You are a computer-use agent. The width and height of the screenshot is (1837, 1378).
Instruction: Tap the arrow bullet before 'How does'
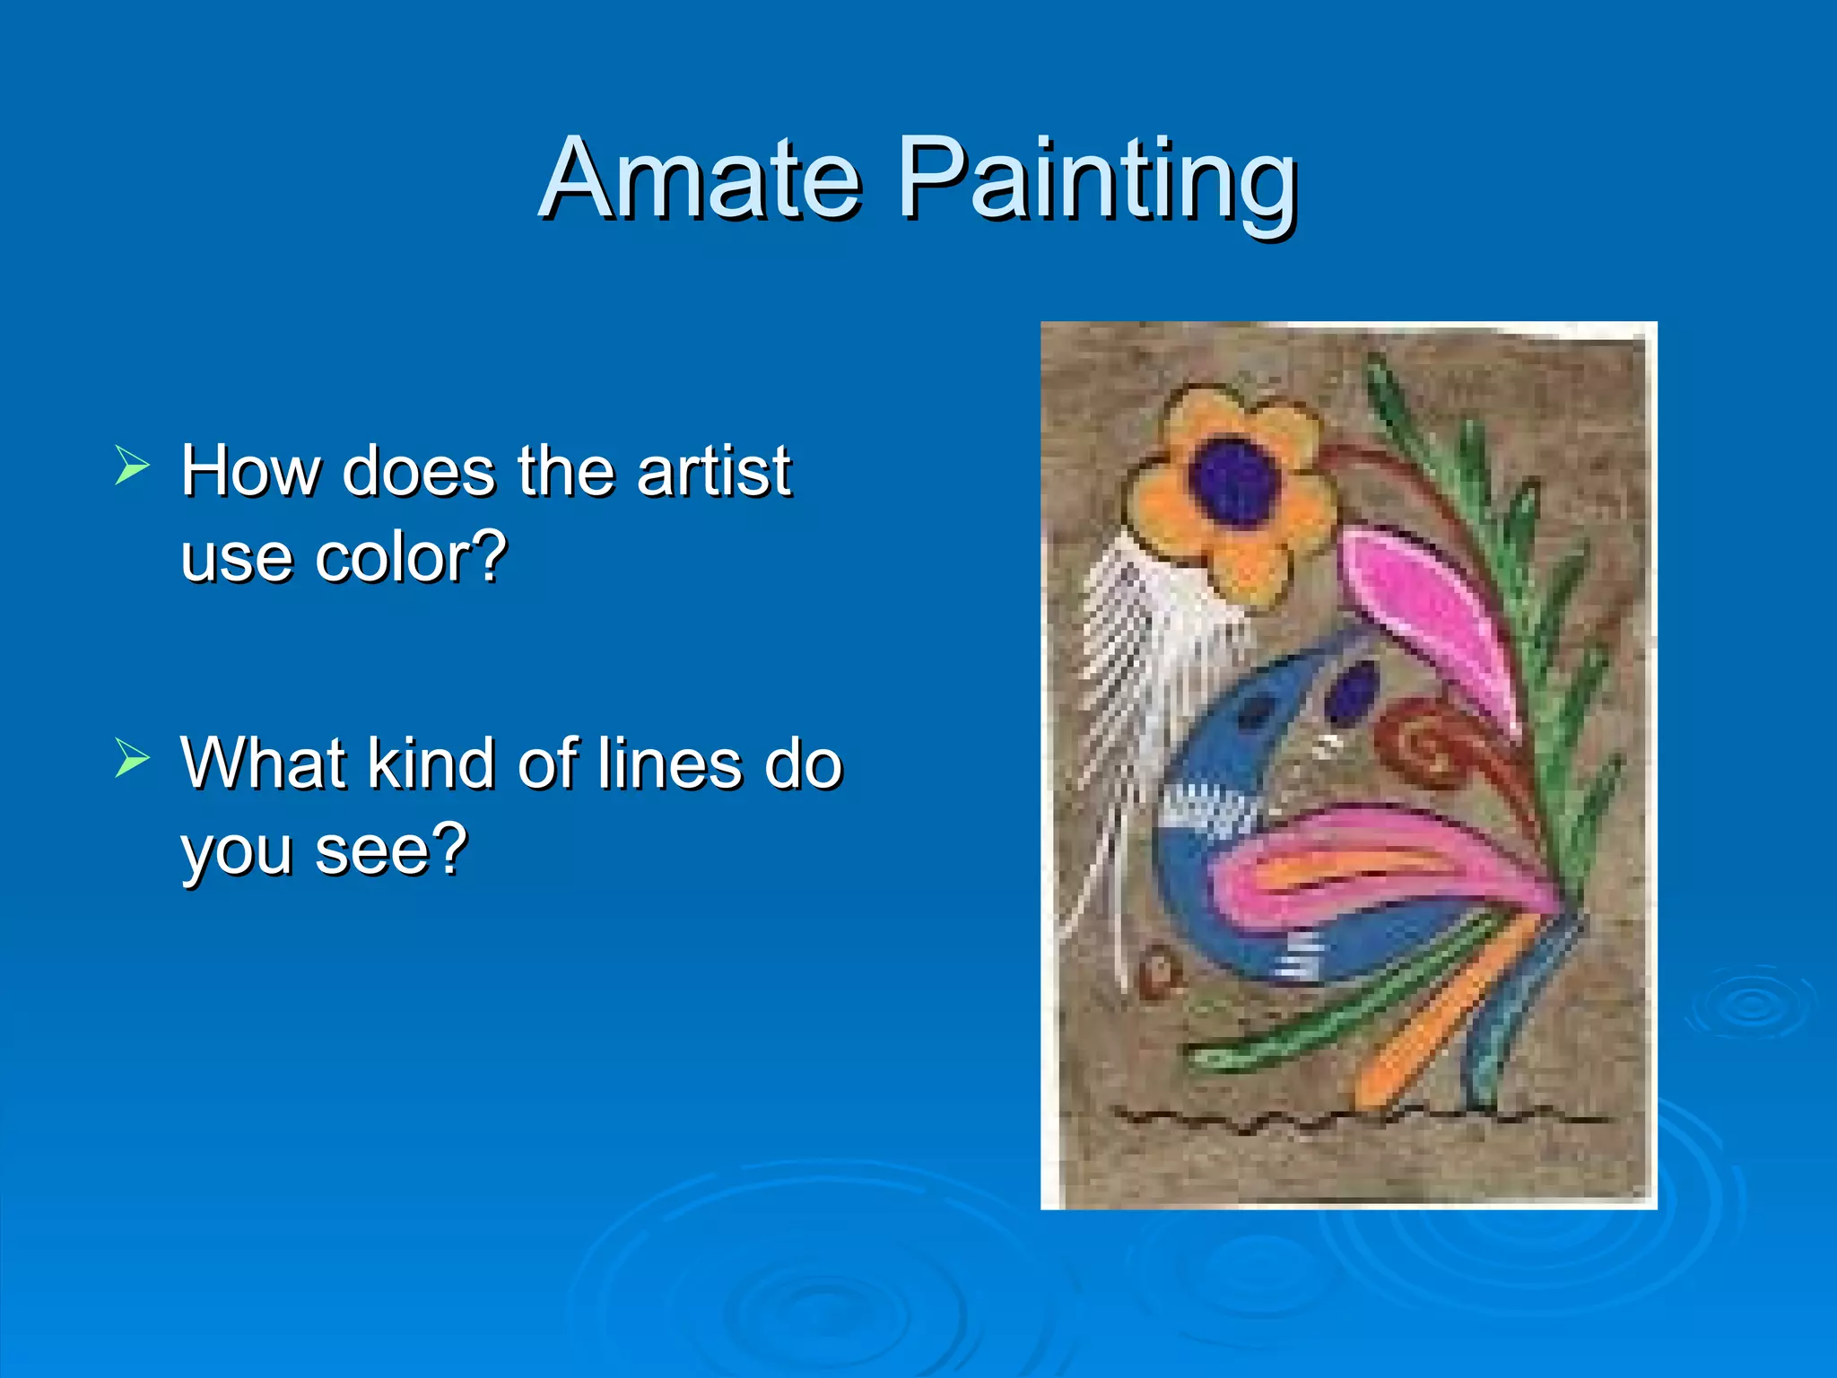pyautogui.click(x=132, y=467)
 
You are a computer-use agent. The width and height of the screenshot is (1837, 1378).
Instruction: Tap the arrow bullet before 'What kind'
pyautogui.click(x=132, y=759)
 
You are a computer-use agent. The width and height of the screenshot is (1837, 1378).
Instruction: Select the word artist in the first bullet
pyautogui.click(x=713, y=470)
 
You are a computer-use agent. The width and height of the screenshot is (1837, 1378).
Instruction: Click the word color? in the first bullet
pyautogui.click(x=411, y=557)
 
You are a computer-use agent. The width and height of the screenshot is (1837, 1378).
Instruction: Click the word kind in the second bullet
pyautogui.click(x=431, y=763)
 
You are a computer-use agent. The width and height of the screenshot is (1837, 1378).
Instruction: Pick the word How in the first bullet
pyautogui.click(x=250, y=470)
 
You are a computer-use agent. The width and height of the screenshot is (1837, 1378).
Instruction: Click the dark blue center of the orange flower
pyautogui.click(x=1233, y=480)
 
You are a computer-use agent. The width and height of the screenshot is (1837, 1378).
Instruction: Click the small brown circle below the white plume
pyautogui.click(x=1158, y=972)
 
